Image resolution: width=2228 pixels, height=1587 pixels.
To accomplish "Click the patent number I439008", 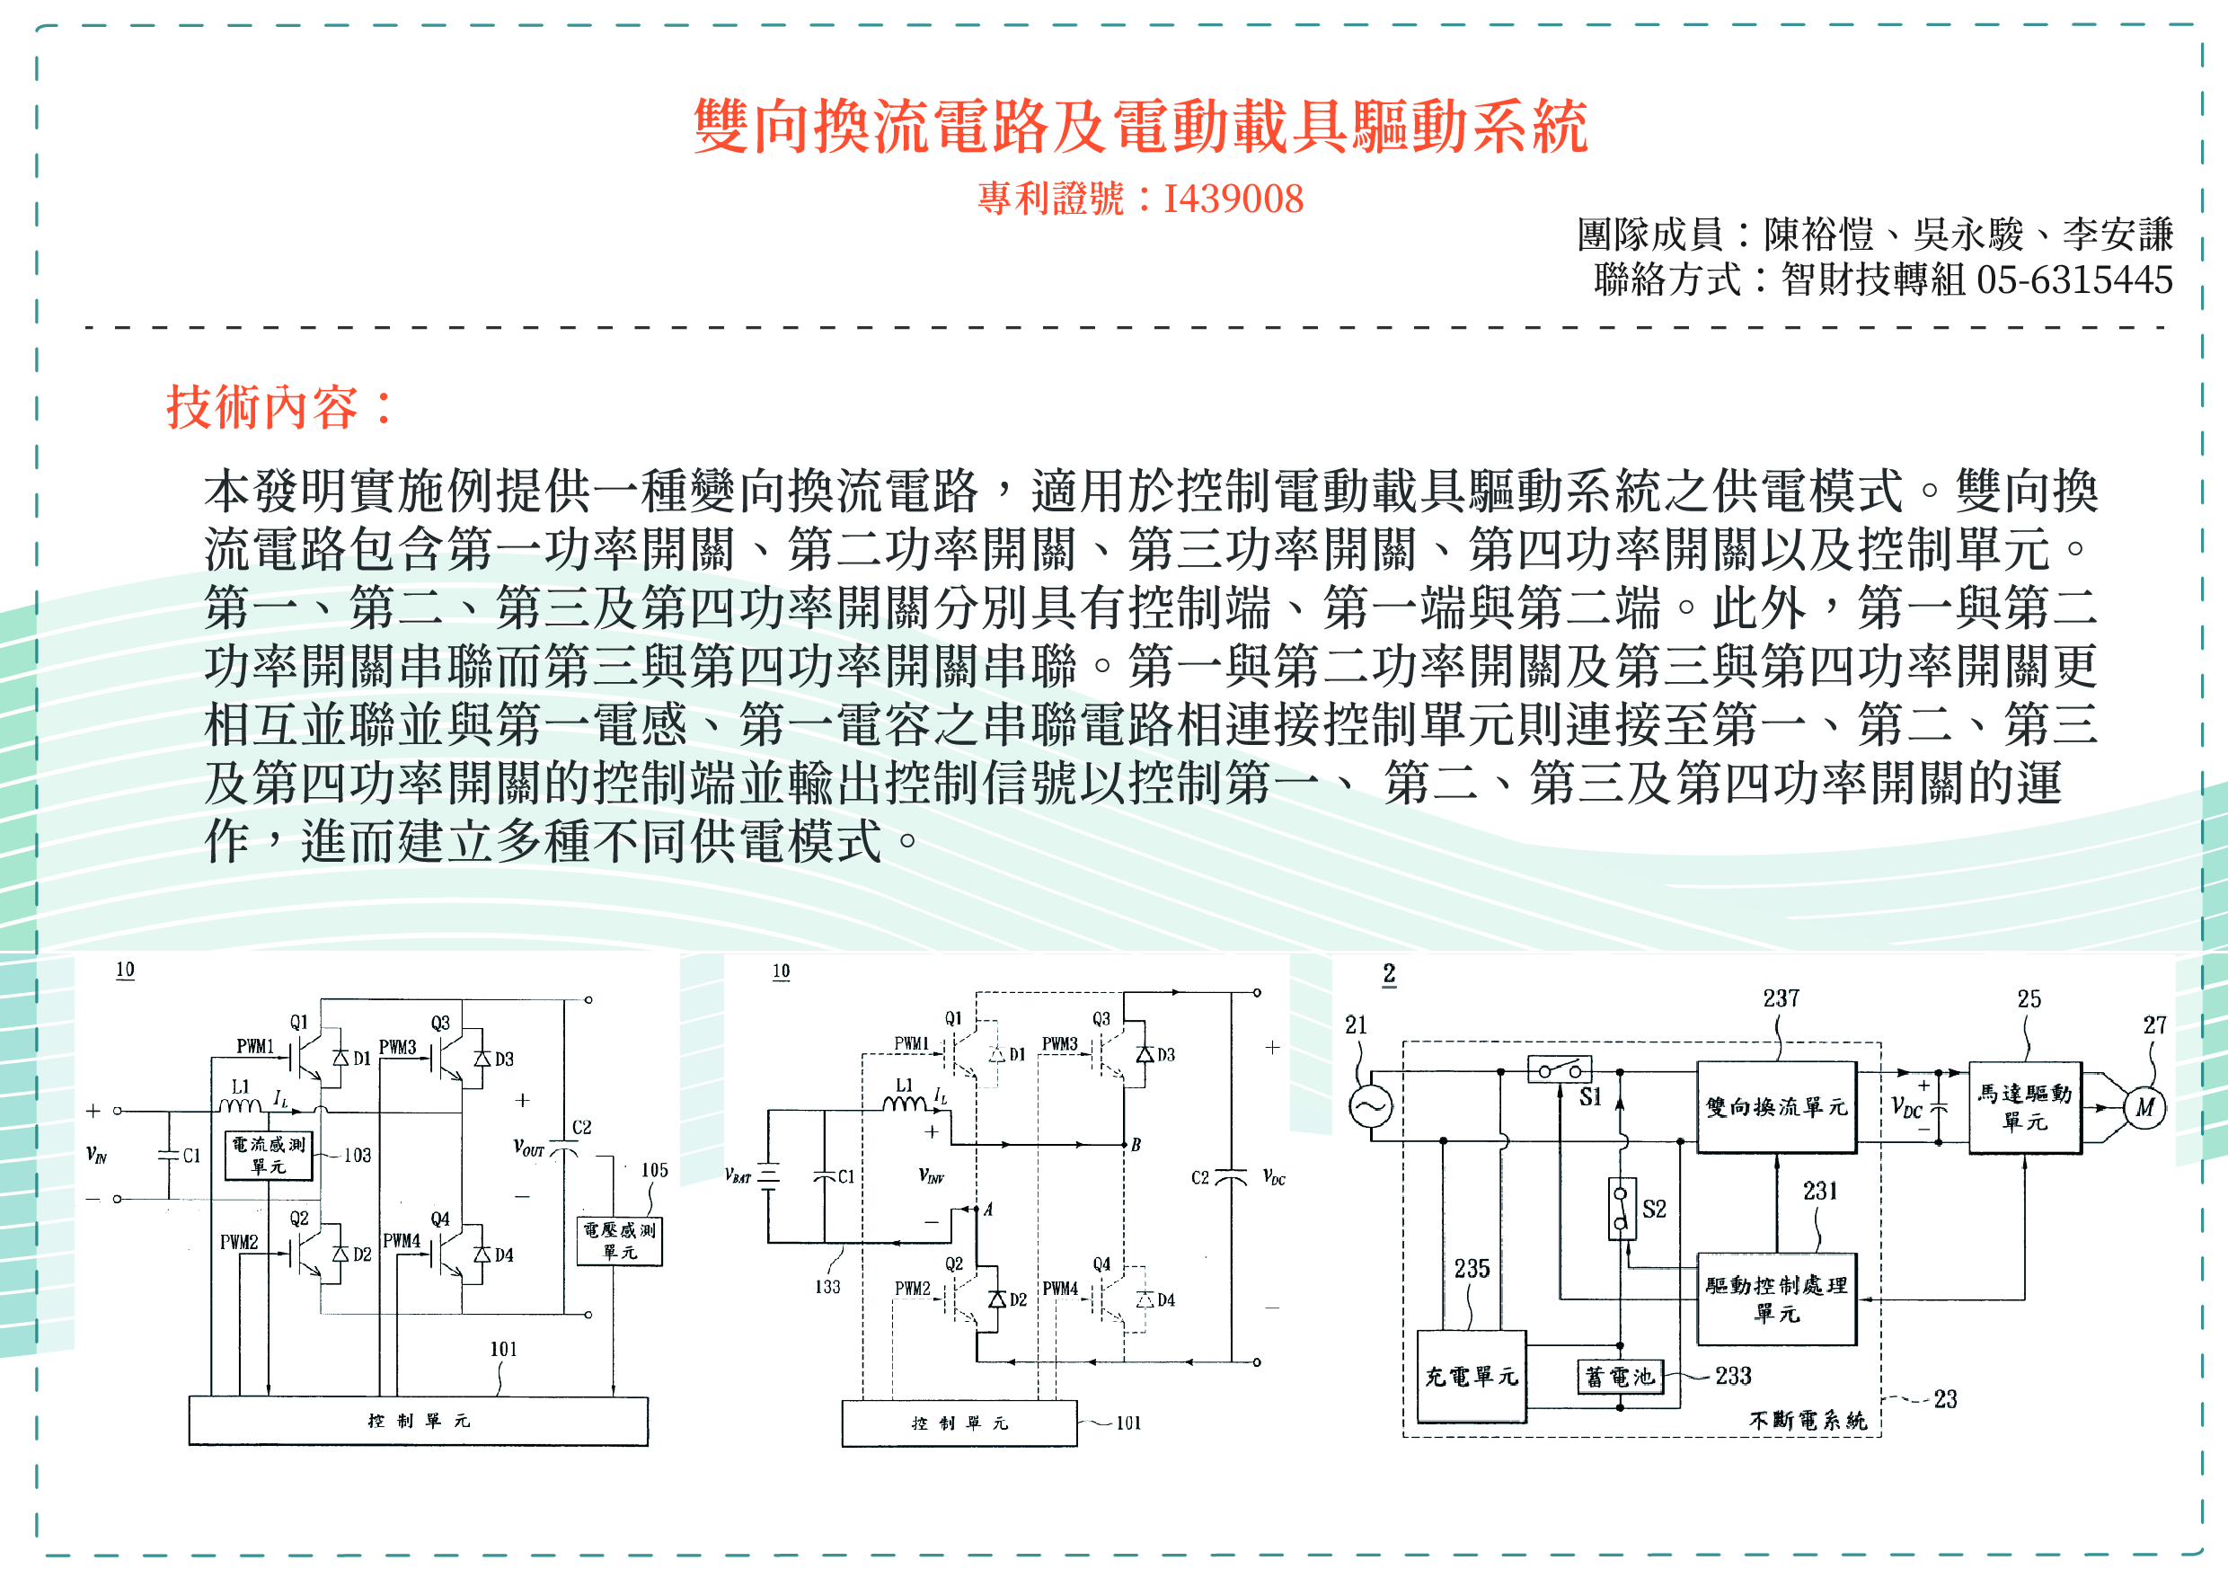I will [1233, 199].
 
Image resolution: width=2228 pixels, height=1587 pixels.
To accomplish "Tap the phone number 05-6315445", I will [2073, 280].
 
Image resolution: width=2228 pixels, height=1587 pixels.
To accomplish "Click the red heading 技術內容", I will [278, 406].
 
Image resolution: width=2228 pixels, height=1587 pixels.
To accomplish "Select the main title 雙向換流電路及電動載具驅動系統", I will [1140, 127].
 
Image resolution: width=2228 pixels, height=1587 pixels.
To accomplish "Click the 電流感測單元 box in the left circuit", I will [269, 1155].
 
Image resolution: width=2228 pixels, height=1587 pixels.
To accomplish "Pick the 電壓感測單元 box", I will [619, 1240].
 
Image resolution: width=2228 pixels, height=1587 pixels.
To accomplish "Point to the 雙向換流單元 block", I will [1776, 1107].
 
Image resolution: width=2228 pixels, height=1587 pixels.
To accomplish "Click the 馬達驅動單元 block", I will [2024, 1107].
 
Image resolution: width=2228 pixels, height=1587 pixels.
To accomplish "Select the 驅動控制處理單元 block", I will [1776, 1299].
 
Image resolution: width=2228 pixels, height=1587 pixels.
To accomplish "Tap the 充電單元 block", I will [1471, 1376].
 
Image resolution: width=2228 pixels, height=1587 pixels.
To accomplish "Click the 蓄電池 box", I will [1620, 1377].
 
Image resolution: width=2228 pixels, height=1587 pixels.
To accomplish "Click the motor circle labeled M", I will [2144, 1108].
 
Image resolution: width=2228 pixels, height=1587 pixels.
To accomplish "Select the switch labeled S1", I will [1559, 1070].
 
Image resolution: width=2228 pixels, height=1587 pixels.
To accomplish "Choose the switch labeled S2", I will [1622, 1209].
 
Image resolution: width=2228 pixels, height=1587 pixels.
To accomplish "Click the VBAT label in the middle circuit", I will [738, 1176].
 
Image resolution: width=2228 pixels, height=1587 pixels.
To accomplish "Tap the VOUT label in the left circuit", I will [528, 1148].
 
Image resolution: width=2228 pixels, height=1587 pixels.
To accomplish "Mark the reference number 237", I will [1781, 998].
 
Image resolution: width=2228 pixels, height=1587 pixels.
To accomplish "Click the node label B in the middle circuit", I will [1136, 1144].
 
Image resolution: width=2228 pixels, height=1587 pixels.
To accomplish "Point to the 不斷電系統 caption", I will [1807, 1420].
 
